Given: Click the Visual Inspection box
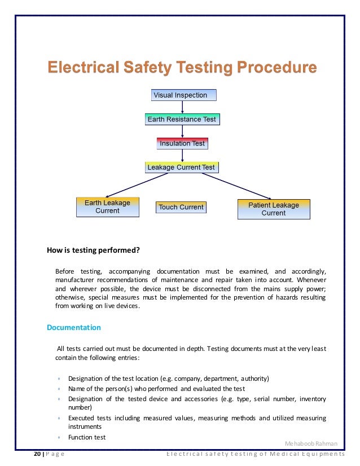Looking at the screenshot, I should (x=183, y=95).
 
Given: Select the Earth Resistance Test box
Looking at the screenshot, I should (x=181, y=120).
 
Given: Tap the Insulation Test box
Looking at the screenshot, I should (x=182, y=143).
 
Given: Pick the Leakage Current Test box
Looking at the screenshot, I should (x=181, y=168).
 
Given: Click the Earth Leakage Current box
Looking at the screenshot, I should (x=107, y=207).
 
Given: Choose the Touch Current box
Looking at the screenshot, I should (x=181, y=207).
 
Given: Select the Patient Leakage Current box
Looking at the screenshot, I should (x=273, y=209).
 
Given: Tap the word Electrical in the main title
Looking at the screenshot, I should (x=82, y=68).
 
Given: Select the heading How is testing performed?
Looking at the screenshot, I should (x=93, y=250).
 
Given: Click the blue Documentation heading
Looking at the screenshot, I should (x=73, y=327).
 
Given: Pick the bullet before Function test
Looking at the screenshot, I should (x=59, y=438).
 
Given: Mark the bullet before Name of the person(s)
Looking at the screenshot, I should (x=59, y=389).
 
